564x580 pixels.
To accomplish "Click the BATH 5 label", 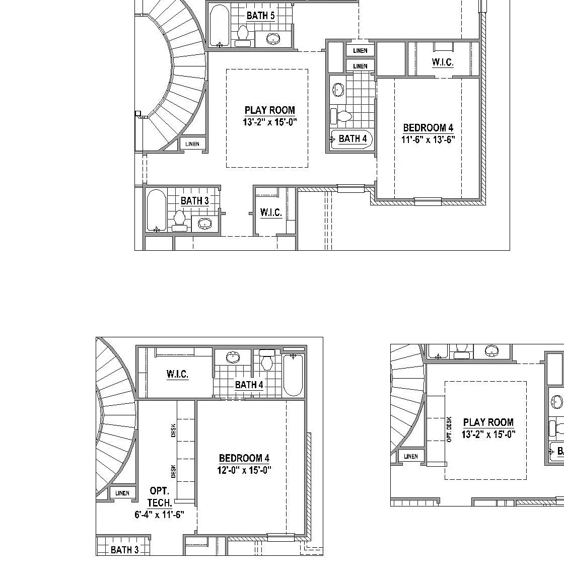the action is [260, 16].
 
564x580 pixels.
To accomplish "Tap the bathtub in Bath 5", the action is [219, 26].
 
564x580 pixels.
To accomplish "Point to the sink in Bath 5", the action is [273, 39].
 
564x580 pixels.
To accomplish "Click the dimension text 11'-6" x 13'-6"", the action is [428, 139].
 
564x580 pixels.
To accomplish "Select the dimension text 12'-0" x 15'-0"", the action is [244, 470].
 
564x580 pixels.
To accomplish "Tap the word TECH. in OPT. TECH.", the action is [160, 503].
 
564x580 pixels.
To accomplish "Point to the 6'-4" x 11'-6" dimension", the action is [160, 515].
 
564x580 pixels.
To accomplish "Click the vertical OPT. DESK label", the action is [449, 429].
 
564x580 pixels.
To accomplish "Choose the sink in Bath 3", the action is [204, 223].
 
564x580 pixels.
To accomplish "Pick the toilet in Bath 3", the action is [179, 221].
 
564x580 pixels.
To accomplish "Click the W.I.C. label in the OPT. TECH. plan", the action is [178, 374].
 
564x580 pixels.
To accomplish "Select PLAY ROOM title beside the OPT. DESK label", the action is [488, 422].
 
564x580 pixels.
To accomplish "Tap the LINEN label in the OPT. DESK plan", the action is [411, 457].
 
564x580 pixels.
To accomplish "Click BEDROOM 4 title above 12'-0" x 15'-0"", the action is [244, 458].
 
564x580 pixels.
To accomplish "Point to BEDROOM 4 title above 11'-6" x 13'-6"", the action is [428, 127].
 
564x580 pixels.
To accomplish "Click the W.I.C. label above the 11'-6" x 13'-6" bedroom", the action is [443, 62].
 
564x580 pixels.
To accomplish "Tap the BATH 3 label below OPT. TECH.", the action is [125, 550].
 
